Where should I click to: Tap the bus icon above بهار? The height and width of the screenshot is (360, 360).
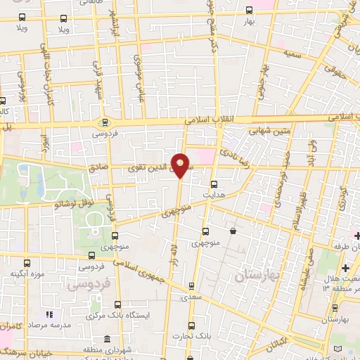point(249,11)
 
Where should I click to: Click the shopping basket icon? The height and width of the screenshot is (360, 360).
point(232,231)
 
